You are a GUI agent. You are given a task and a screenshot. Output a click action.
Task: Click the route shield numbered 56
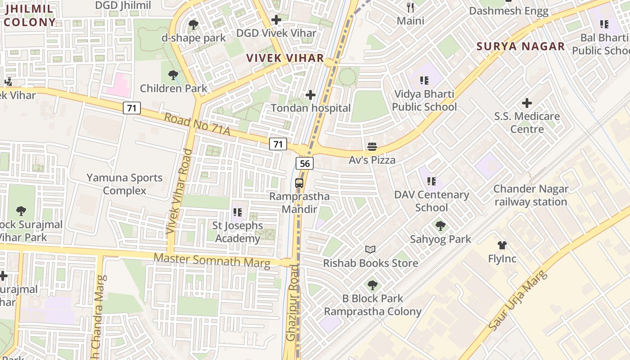point(305,163)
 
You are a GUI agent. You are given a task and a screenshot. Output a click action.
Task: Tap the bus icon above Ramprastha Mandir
point(299,183)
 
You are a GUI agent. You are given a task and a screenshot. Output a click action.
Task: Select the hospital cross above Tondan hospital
point(310,95)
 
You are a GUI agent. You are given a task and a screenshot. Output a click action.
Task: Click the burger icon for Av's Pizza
point(372,146)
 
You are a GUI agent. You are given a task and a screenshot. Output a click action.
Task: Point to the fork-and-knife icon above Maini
point(410,7)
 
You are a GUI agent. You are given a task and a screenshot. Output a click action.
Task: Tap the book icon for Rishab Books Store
point(370,249)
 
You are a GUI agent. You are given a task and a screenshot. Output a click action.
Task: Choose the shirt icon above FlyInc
point(502,245)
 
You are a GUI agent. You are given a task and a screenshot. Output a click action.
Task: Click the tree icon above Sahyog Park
point(440,225)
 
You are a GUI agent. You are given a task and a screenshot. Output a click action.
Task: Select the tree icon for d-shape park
point(193,25)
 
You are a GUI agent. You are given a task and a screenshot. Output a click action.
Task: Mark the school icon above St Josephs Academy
point(238,212)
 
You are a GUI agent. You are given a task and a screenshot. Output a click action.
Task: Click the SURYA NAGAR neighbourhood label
point(521,46)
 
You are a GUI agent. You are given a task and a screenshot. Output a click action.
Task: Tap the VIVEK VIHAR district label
point(285,58)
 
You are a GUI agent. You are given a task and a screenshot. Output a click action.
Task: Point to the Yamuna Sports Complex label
point(125,184)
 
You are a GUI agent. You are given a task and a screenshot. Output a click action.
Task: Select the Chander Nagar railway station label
point(531,195)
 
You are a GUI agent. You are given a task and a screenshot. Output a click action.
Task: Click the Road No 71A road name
point(197,125)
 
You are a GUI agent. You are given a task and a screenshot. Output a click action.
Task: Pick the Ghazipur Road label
point(292,302)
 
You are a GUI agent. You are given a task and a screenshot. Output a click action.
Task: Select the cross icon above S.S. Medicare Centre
point(526,103)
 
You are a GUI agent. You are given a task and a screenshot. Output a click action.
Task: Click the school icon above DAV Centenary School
point(431,181)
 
